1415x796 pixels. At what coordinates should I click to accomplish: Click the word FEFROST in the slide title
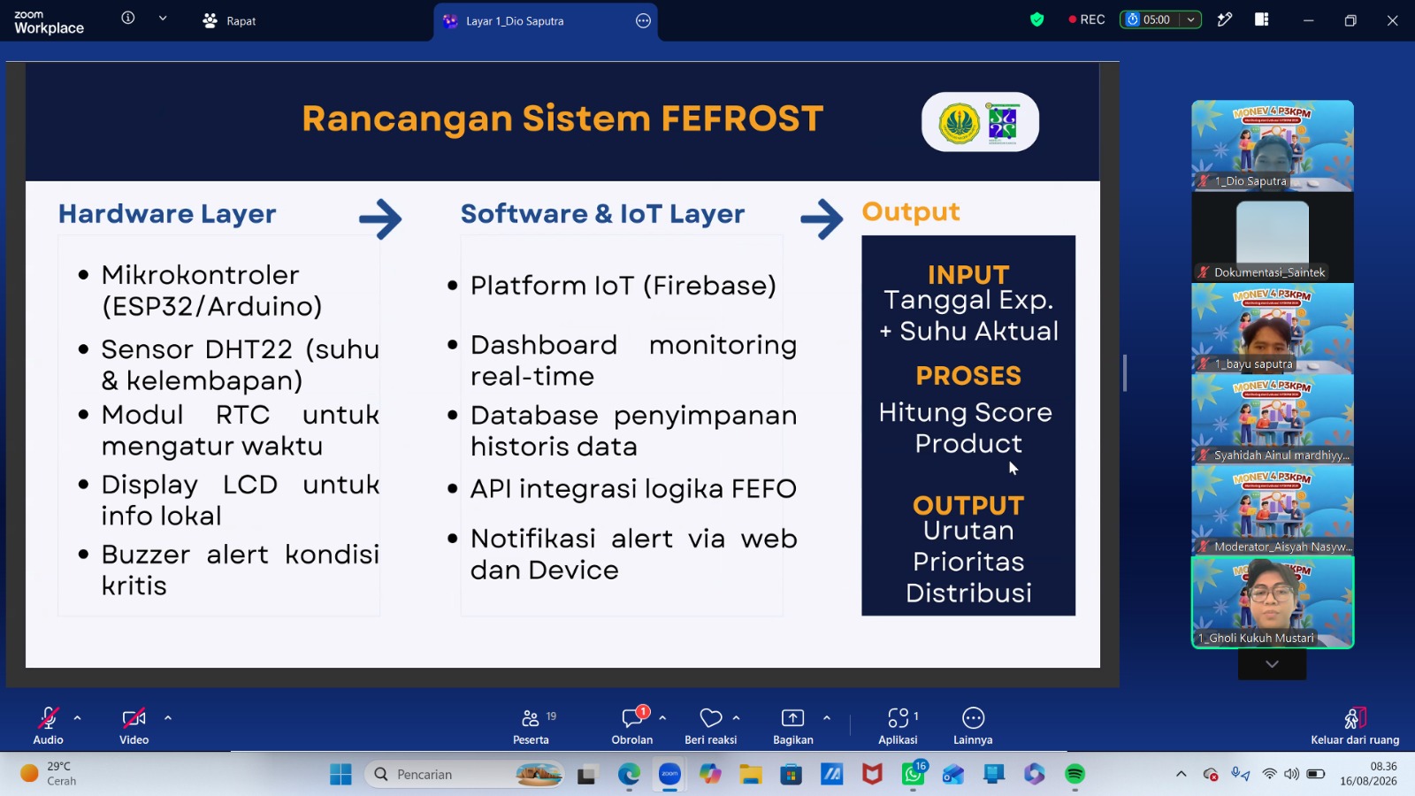[x=742, y=119]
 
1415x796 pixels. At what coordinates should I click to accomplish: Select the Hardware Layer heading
[x=167, y=214]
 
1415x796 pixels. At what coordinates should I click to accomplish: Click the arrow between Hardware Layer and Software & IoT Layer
[x=380, y=219]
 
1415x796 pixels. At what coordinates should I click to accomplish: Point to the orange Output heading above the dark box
[x=910, y=212]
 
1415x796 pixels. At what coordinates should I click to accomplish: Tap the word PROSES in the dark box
[x=968, y=376]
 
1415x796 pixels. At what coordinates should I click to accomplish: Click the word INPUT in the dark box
[x=968, y=275]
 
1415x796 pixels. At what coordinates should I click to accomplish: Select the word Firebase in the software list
[x=709, y=286]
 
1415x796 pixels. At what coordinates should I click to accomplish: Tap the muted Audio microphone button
[x=48, y=725]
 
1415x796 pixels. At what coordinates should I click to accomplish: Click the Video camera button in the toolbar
[x=134, y=725]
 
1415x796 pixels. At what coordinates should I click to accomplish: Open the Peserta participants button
[x=531, y=725]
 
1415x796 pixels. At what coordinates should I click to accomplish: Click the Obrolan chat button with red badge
[x=631, y=725]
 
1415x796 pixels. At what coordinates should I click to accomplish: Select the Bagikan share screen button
[x=792, y=725]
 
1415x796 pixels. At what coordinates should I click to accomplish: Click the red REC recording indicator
[x=1087, y=19]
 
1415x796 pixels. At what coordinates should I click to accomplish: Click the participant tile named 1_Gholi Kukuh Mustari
[x=1273, y=602]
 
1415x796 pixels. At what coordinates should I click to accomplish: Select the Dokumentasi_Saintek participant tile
[x=1273, y=238]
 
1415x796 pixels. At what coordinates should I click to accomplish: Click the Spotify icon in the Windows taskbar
[x=1075, y=774]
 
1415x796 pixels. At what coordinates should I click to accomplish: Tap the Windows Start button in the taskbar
[x=340, y=774]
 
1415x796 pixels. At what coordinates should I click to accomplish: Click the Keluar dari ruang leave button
[x=1354, y=725]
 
